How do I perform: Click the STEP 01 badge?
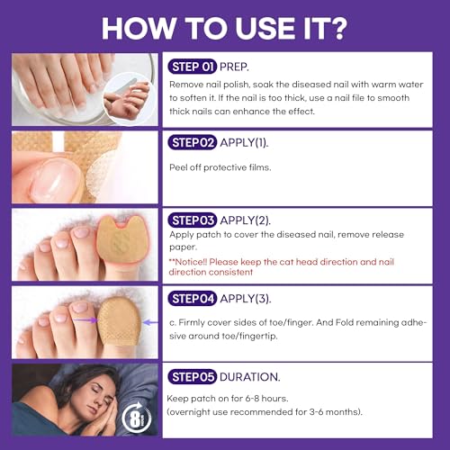193,65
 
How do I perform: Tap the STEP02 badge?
192,142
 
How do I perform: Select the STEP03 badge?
192,220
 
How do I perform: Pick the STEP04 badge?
192,297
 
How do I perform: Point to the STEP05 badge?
192,377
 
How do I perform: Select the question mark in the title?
337,27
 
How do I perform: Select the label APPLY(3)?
247,297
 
